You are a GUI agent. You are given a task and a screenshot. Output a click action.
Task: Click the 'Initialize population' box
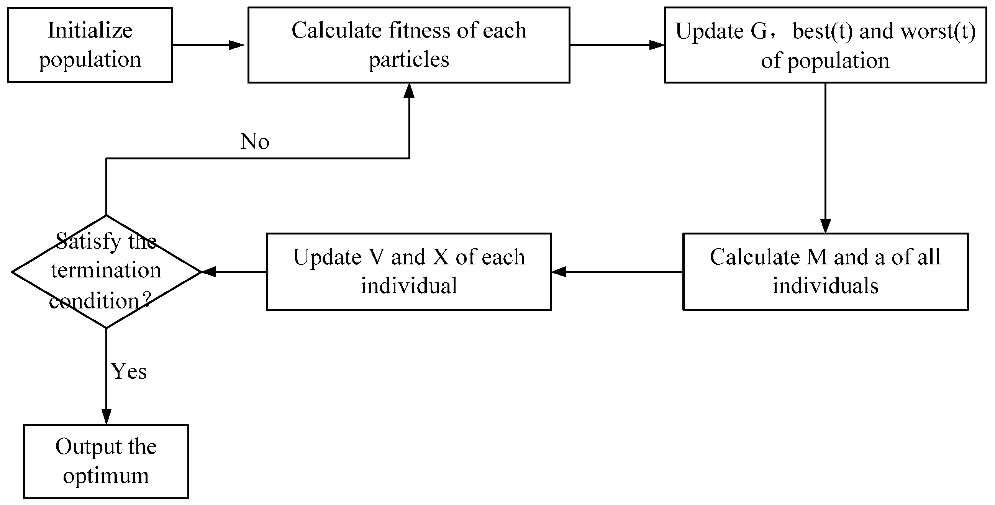click(x=90, y=45)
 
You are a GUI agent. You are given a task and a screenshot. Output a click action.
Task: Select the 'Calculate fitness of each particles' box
click(x=409, y=45)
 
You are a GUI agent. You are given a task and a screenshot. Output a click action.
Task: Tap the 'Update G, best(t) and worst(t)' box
click(x=825, y=45)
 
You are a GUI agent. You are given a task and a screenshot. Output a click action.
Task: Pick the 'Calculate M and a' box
click(x=825, y=271)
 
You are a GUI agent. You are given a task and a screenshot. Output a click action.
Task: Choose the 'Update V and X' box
click(x=409, y=271)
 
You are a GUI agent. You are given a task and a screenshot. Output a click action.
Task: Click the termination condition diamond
click(x=106, y=272)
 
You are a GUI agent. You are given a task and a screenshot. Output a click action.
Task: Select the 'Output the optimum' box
click(x=106, y=461)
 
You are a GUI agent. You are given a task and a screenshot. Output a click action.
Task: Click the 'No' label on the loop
click(x=254, y=141)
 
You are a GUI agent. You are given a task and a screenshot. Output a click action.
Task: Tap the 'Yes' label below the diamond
click(x=129, y=372)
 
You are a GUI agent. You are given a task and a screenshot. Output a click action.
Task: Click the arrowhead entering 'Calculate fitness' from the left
click(x=237, y=45)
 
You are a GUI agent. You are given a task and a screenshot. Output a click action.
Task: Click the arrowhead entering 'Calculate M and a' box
click(x=825, y=226)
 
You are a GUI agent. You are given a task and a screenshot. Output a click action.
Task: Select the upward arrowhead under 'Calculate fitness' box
click(x=409, y=90)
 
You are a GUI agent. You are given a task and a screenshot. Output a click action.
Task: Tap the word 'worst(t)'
click(x=938, y=31)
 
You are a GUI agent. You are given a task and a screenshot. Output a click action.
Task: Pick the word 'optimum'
click(x=106, y=475)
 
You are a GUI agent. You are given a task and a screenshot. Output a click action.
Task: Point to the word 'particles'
click(x=409, y=60)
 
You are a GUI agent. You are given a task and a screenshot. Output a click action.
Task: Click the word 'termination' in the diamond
click(x=106, y=270)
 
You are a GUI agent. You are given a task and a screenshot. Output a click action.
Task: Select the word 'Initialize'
click(x=90, y=30)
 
